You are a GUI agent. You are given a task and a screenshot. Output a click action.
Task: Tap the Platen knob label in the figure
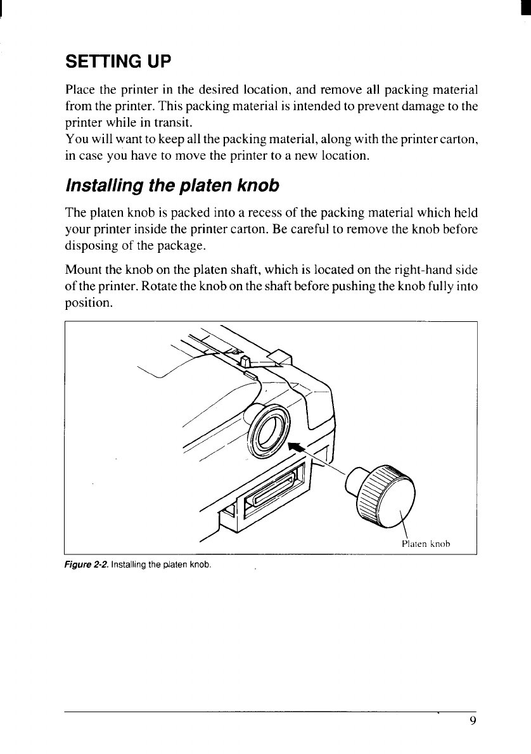(x=426, y=543)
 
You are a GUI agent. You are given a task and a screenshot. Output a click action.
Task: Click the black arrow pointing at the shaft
(x=295, y=448)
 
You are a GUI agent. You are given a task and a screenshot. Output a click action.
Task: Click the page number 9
(x=473, y=720)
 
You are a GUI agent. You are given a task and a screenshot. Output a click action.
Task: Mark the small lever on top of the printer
(x=247, y=362)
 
